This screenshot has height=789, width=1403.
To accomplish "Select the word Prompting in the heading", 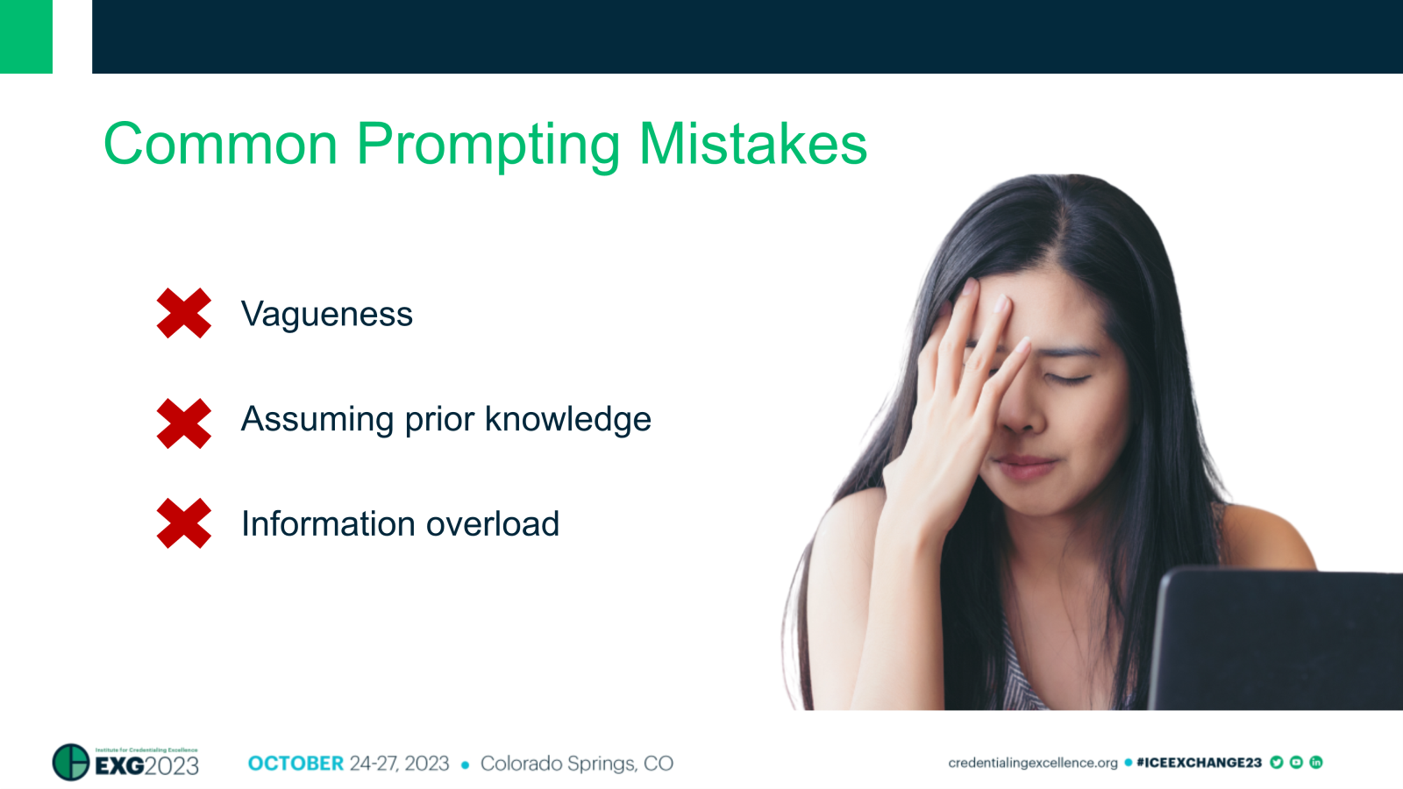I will point(488,146).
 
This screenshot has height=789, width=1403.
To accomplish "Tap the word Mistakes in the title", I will point(753,144).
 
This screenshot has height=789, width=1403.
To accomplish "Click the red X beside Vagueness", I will point(184,313).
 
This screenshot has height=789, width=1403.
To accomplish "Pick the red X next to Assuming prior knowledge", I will point(184,423).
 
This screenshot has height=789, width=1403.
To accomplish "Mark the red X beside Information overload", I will point(184,523).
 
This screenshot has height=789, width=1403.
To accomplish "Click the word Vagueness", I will point(327,314).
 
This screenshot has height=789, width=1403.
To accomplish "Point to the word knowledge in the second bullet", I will point(568,419).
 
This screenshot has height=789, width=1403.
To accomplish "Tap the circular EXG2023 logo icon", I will point(71,763).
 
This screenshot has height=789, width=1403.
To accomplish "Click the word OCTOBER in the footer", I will point(296,764).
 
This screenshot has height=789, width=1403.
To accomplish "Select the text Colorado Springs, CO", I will point(577,764).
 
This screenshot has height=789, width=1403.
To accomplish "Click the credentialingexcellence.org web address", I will point(1033,763).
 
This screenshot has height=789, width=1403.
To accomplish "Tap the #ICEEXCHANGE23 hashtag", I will point(1199,763).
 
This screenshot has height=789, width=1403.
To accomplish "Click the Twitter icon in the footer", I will point(1277,763).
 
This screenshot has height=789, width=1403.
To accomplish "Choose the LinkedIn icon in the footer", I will point(1316,763).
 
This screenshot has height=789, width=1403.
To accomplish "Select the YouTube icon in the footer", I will point(1296,763).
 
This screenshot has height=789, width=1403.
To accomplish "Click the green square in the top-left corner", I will point(26,36).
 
